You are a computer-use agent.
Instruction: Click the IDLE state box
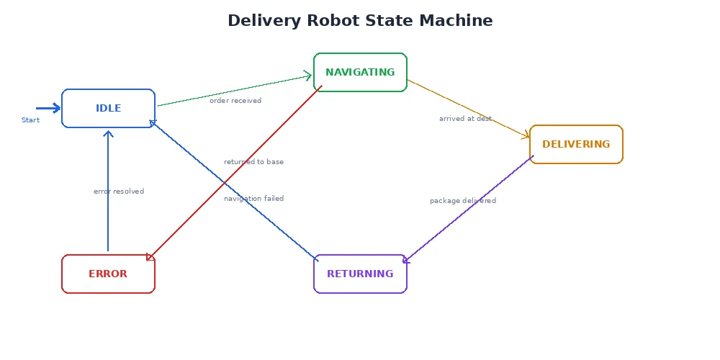pos(108,108)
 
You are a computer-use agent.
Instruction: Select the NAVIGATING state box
pos(360,72)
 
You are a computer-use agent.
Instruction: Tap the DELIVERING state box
pos(576,144)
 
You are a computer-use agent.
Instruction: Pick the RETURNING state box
pos(360,274)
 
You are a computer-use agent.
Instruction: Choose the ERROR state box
pos(108,274)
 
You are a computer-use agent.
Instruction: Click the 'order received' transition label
pos(235,101)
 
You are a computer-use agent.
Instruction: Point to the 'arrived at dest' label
pos(465,119)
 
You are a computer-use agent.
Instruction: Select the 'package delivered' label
pos(462,201)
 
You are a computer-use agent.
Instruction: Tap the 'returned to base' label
pos(253,162)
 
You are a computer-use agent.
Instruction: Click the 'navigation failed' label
pos(253,199)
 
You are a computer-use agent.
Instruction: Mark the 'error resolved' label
pos(119,192)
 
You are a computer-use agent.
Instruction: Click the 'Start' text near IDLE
pos(30,120)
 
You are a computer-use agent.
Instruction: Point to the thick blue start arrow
pos(48,108)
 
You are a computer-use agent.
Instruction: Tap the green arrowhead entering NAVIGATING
pos(308,76)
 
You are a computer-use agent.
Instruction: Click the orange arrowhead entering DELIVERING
pos(526,135)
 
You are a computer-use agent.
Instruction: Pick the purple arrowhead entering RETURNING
pos(406,260)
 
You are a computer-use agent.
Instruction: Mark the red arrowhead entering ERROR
pos(150,257)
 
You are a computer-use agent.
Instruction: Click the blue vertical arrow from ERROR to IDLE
pos(108,194)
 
